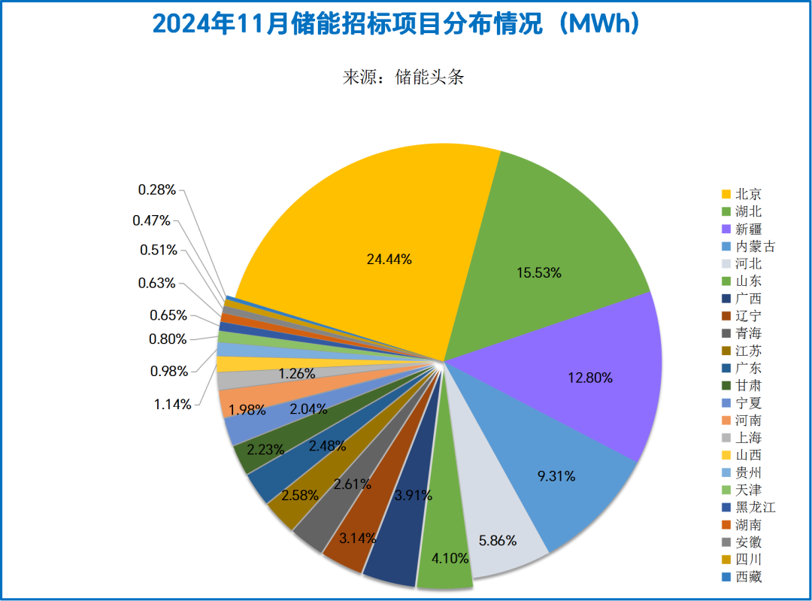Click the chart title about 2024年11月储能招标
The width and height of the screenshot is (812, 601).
[x=396, y=25]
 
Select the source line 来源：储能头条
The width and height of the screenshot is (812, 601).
[x=403, y=77]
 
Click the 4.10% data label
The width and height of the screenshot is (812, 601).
[x=450, y=558]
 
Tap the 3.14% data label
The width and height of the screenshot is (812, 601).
[x=358, y=538]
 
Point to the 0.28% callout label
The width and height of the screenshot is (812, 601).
[x=157, y=190]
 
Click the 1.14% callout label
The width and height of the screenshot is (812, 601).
[x=173, y=404]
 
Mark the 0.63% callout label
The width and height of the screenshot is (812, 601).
[x=157, y=283]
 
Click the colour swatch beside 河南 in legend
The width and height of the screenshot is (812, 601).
[x=726, y=420]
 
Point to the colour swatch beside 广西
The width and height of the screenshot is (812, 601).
[x=726, y=299]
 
